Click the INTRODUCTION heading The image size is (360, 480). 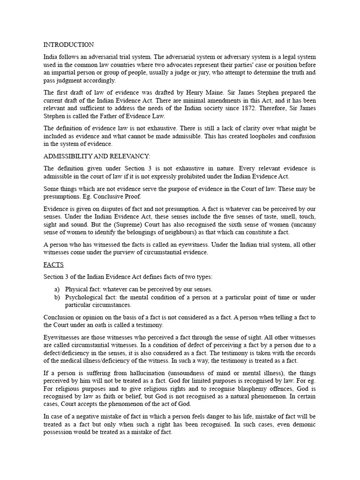tap(68, 45)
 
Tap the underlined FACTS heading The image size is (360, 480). tap(53, 265)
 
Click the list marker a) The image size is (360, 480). tap(57, 289)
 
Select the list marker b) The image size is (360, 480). tap(57, 297)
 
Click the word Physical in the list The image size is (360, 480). tap(76, 289)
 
